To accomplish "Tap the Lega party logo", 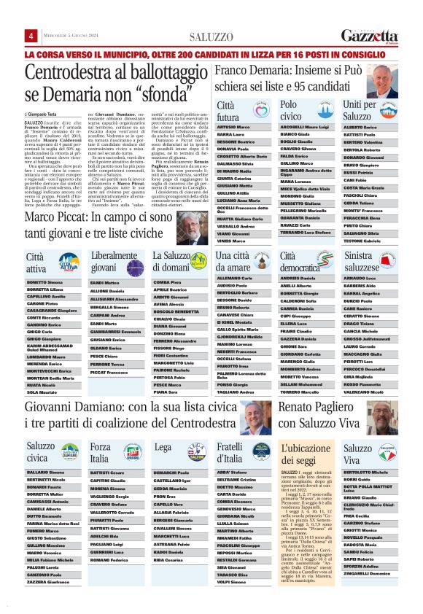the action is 195,452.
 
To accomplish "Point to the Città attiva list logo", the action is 68,263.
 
